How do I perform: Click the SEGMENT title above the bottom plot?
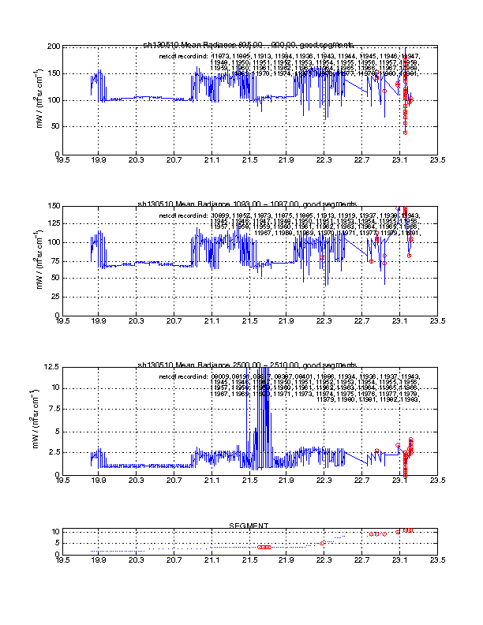point(249,525)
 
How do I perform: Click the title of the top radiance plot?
point(249,44)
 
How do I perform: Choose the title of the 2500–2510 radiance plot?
point(249,365)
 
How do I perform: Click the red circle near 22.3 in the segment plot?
point(323,543)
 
